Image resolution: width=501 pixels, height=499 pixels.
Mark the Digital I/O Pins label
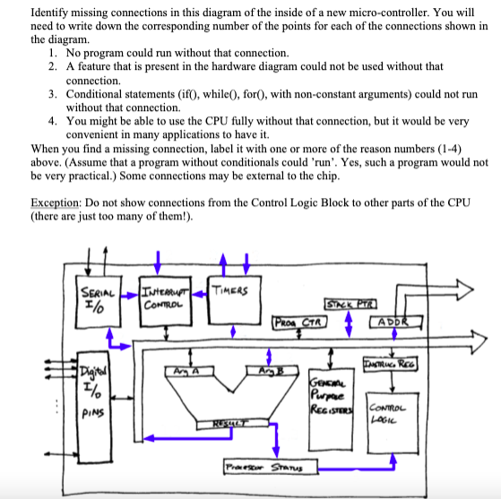click(93, 394)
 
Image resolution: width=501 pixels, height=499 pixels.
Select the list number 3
click(54, 93)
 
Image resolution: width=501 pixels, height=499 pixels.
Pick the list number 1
click(54, 54)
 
